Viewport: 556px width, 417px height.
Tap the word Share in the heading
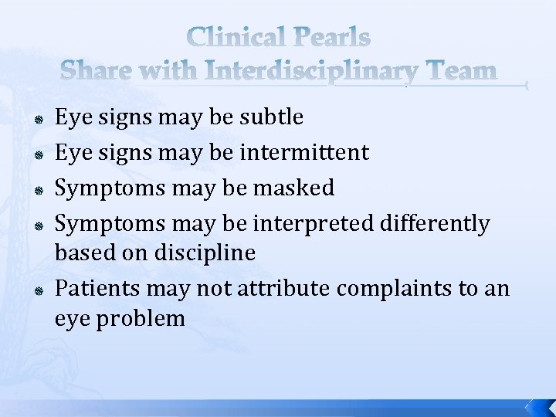[92, 71]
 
